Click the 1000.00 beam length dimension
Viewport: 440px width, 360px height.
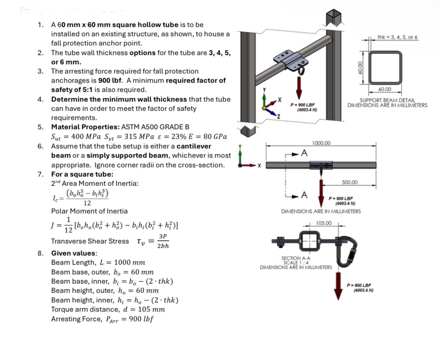pyautogui.click(x=321, y=143)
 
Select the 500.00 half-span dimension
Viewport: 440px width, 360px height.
pyautogui.click(x=349, y=182)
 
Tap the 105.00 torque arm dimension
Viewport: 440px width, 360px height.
pyautogui.click(x=324, y=223)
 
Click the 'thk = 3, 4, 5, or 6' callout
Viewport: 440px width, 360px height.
pyautogui.click(x=397, y=37)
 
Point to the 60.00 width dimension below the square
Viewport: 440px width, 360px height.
pyautogui.click(x=385, y=89)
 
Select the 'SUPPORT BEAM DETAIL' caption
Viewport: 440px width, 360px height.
pyautogui.click(x=387, y=100)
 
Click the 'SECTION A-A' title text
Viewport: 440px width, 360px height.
pyautogui.click(x=296, y=258)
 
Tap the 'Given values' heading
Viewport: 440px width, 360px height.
pyautogui.click(x=74, y=253)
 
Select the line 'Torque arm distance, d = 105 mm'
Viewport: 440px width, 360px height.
pyautogui.click(x=108, y=309)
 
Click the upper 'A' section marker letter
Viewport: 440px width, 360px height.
pyautogui.click(x=304, y=153)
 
